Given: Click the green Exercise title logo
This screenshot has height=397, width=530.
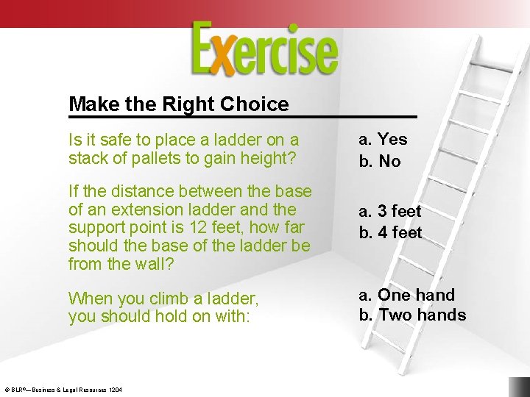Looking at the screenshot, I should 265,49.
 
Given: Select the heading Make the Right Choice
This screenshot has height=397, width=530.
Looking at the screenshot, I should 178,104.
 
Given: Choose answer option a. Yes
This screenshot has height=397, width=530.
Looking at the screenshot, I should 383,139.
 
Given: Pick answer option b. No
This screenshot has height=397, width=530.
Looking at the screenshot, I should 380,161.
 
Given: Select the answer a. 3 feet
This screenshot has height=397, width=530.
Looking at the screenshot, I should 390,211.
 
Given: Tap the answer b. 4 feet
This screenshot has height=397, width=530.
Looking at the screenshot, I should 390,232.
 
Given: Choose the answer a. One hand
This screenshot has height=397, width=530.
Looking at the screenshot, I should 406,295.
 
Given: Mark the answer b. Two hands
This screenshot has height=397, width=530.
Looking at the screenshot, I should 412,315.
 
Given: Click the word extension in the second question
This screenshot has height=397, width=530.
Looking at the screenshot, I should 135,210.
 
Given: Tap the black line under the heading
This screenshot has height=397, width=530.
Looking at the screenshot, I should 243,117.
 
